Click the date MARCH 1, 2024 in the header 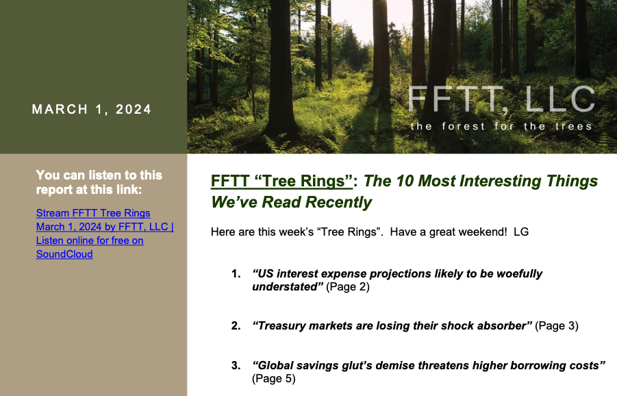pos(91,109)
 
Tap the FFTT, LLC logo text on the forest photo pos(502,99)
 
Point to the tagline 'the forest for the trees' pos(501,126)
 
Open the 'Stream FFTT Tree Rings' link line pos(93,213)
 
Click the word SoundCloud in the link pos(64,254)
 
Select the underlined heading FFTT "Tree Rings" pos(281,181)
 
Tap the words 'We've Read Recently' pos(291,202)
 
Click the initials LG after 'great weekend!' pos(521,232)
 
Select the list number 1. pos(236,273)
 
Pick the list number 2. pos(236,326)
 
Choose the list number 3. pos(236,366)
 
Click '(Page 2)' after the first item pos(348,287)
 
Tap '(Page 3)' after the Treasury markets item pos(557,326)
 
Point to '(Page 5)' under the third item pos(274,379)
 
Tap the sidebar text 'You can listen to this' pos(99,175)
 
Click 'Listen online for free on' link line pos(90,240)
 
